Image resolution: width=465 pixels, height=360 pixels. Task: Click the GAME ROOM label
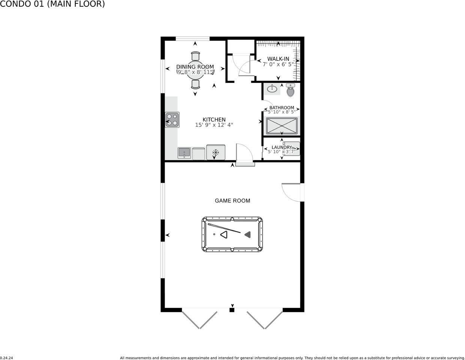coord(232,201)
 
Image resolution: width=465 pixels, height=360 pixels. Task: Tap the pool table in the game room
coord(232,234)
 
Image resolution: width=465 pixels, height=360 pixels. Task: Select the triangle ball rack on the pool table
coord(224,235)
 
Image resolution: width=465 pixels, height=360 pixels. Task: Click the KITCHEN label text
coord(214,120)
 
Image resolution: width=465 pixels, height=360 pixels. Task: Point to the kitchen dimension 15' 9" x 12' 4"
coord(214,125)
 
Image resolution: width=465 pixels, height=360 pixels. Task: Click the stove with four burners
coord(172,120)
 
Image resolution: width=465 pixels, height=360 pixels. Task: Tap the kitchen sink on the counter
coord(184,153)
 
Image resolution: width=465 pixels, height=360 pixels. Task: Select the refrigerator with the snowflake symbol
coord(216,152)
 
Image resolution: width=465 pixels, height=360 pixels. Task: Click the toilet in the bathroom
coord(291,90)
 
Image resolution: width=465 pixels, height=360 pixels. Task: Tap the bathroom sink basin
coord(273,89)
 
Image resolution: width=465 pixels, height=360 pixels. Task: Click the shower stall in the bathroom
coord(282,126)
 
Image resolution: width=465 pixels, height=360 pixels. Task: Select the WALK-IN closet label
coord(278,59)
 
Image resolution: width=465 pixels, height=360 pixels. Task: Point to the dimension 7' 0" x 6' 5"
coord(278,64)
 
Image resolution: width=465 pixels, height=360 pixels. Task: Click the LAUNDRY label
coord(282,147)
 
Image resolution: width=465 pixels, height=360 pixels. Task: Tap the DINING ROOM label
coord(195,67)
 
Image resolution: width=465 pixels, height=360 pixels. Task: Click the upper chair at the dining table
coord(195,56)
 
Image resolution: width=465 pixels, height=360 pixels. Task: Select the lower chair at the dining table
coord(195,84)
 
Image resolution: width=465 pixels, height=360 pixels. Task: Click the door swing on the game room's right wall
coord(291,192)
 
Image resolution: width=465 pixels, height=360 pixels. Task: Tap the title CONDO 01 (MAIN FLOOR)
coord(52,4)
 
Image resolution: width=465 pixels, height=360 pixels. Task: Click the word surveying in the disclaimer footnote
coord(453,358)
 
